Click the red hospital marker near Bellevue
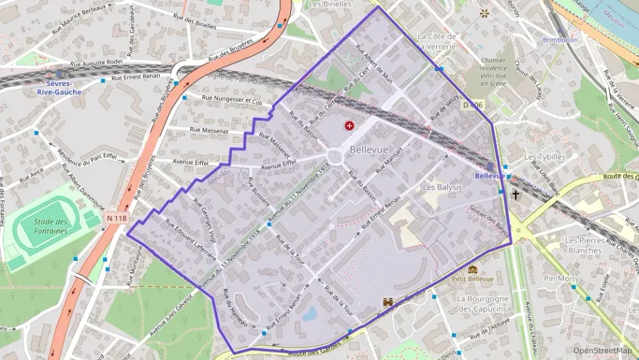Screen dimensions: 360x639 [x=350, y=126]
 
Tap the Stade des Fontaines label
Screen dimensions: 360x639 [x=51, y=226]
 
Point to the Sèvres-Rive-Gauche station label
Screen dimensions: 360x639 [x=59, y=87]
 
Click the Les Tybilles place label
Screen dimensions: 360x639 [x=545, y=156]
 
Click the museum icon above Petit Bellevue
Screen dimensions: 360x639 [x=472, y=269]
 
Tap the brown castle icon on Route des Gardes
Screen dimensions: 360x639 [x=388, y=301]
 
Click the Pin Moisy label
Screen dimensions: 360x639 [x=561, y=279]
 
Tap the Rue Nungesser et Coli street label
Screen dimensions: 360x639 [x=232, y=100]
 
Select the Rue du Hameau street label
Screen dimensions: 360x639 [x=236, y=309]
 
